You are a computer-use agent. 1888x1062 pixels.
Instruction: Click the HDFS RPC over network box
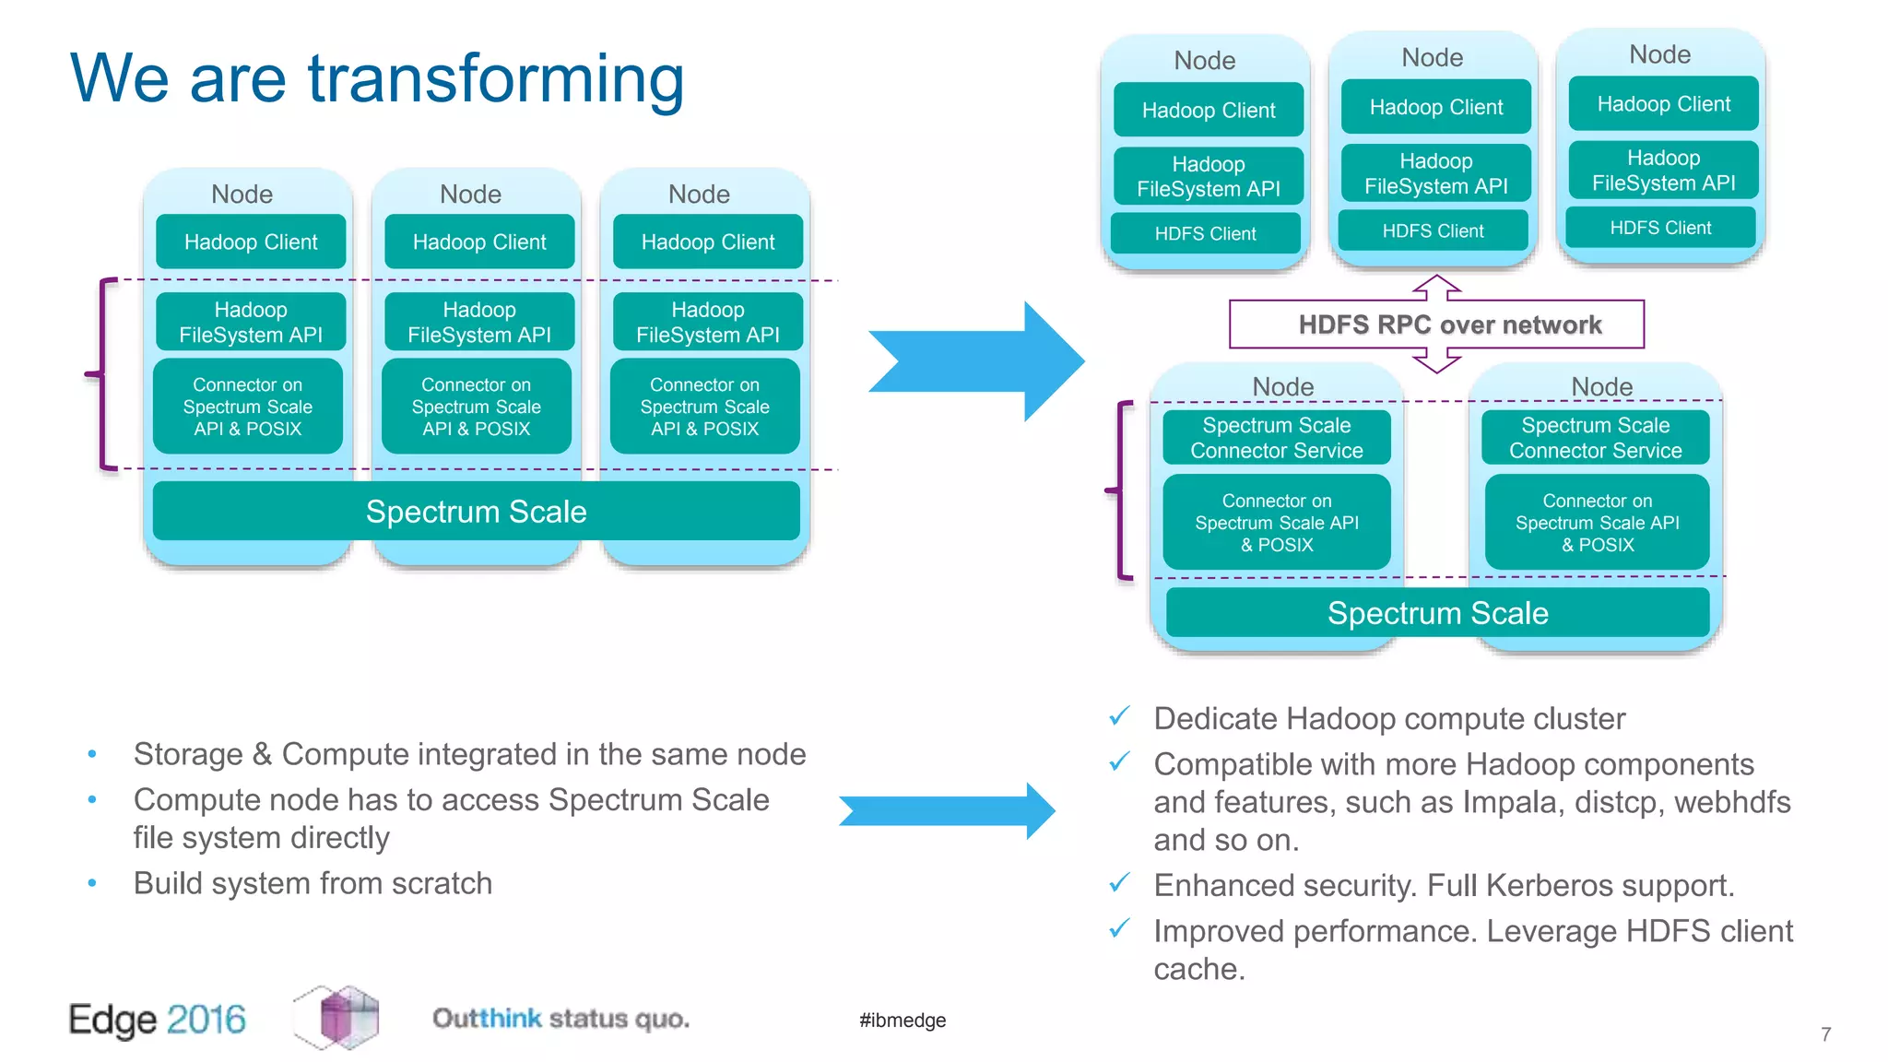1436,324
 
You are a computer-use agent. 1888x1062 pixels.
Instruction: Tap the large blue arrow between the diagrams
977,361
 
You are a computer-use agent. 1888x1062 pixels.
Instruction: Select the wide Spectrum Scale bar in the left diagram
476,512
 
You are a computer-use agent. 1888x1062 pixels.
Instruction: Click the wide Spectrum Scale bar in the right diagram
1437,613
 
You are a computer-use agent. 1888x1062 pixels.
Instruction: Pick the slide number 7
1825,1034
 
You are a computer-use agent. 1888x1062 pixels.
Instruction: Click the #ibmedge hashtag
903,1020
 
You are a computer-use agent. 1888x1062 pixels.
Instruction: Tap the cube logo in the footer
338,1017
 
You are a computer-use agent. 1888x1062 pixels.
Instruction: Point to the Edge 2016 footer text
157,1020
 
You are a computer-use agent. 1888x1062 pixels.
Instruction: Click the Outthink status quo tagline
560,1019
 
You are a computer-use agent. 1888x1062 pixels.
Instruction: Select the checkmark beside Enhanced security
1119,883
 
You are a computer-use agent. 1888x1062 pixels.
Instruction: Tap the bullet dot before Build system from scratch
92,883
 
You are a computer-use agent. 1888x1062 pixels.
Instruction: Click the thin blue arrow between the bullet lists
948,811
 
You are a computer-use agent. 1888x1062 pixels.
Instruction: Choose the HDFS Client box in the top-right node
1660,228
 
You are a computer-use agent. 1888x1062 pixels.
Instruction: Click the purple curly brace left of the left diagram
101,373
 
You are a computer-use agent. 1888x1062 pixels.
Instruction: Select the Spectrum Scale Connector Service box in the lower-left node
1276,438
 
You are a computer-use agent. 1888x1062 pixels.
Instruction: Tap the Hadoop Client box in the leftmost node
251,242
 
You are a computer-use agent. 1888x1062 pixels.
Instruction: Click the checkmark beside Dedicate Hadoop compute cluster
1119,716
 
